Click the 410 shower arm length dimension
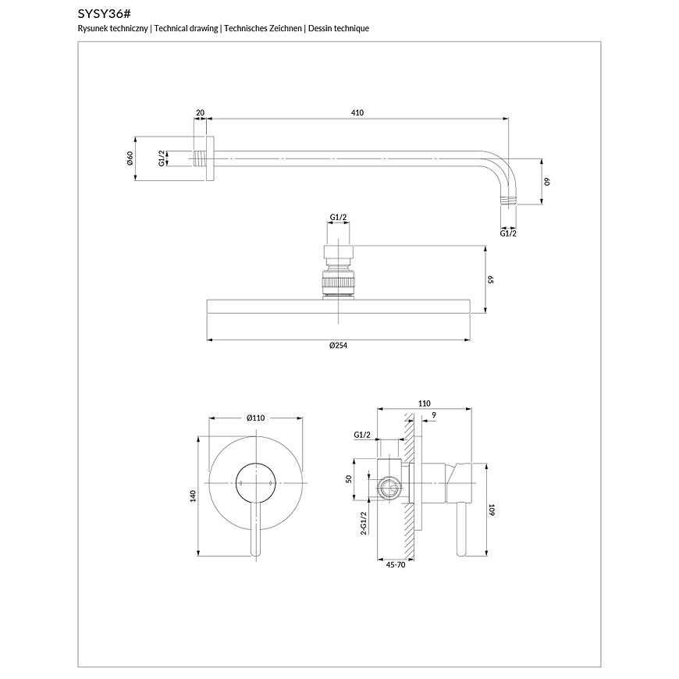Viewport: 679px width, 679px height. click(357, 113)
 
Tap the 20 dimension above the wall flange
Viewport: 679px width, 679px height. click(201, 113)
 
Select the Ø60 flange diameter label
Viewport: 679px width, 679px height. click(130, 159)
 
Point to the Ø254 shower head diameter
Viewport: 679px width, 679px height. click(337, 346)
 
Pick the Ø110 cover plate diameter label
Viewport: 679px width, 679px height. click(256, 418)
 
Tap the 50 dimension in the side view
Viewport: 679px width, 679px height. click(350, 478)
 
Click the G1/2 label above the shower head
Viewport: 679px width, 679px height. click(338, 217)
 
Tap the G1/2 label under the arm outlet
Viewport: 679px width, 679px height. click(508, 233)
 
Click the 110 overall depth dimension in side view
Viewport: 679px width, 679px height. click(424, 403)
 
